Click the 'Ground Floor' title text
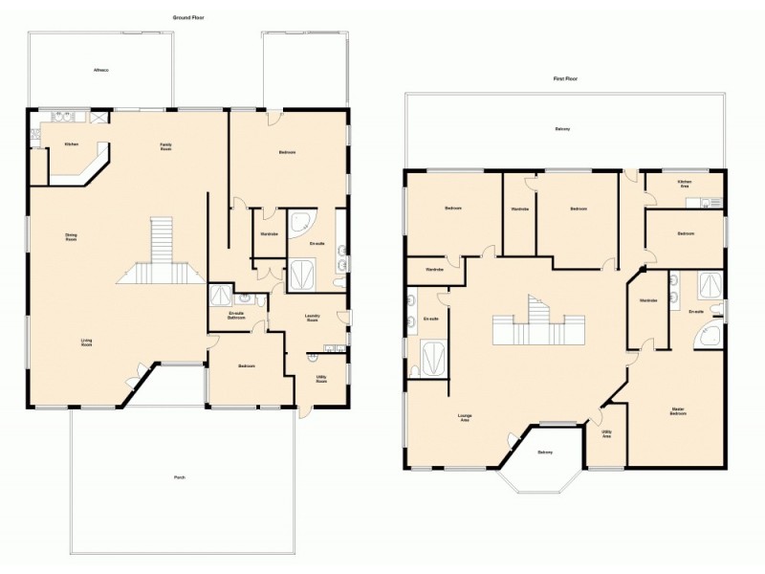[188, 17]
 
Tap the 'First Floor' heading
[565, 78]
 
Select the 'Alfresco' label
[100, 71]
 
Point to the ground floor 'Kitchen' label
[71, 144]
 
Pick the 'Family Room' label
[165, 146]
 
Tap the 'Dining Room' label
[71, 235]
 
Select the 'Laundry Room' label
[312, 319]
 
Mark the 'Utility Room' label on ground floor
[323, 379]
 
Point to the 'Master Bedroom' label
[677, 412]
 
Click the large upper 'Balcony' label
[562, 129]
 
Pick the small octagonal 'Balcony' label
[545, 453]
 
